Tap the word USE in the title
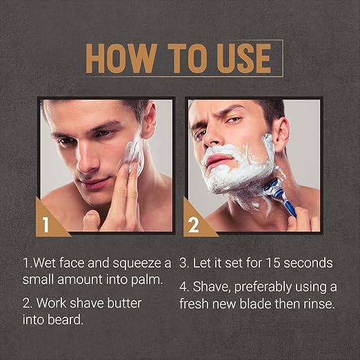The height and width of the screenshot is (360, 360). pos(244,59)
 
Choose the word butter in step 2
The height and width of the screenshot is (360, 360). pos(124,303)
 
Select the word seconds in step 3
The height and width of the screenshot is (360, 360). pos(308,263)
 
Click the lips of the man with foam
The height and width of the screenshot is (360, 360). pos(220,159)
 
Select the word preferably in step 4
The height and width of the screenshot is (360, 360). pos(263,288)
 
